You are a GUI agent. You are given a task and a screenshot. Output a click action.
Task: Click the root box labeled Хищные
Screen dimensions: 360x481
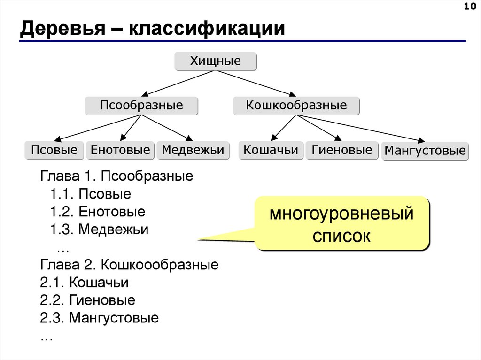(x=216, y=61)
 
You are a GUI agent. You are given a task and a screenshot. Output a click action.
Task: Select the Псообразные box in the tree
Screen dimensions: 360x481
(x=141, y=106)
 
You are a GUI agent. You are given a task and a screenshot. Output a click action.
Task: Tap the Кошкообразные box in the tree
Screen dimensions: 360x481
(x=296, y=106)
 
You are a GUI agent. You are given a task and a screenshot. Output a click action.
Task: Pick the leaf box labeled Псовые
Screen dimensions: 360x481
(x=54, y=150)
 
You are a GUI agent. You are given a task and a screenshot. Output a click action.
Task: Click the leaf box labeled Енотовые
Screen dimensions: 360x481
(x=120, y=150)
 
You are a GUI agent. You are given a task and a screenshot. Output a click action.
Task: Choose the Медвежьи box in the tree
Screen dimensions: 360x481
(x=193, y=150)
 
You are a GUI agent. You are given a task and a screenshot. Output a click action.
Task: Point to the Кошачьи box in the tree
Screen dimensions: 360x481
(x=271, y=150)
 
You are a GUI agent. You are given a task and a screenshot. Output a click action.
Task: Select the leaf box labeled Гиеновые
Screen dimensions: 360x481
(x=341, y=150)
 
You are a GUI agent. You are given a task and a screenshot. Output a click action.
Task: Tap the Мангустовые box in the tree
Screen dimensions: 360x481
(x=425, y=151)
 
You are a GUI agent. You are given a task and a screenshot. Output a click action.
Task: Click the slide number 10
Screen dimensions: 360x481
(x=469, y=6)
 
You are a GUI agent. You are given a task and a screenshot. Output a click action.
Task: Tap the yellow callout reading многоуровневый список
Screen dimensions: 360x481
(x=342, y=223)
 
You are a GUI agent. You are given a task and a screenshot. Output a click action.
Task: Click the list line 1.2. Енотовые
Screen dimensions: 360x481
(x=98, y=212)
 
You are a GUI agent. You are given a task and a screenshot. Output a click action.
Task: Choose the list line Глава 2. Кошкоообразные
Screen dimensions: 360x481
(x=130, y=265)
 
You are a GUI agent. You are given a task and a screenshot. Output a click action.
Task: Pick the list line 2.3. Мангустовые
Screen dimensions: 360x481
(x=100, y=318)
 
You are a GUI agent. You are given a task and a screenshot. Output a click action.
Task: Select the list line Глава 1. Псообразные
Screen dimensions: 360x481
(x=117, y=176)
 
